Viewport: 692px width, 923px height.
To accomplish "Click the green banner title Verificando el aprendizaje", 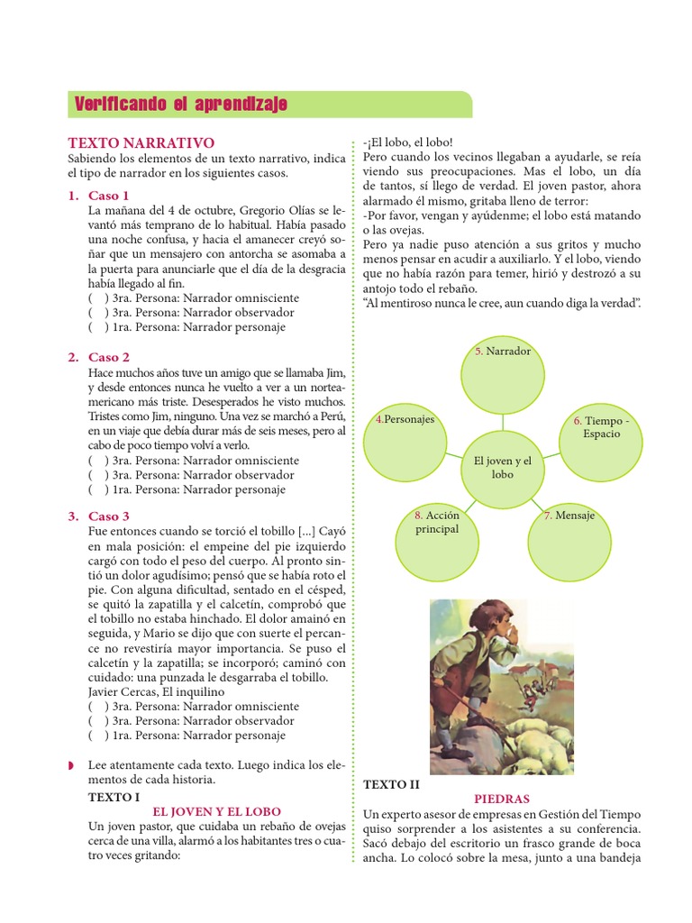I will (x=180, y=105).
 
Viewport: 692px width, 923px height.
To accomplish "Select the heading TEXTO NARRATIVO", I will (x=141, y=142).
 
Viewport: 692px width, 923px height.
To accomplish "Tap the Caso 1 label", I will (x=109, y=195).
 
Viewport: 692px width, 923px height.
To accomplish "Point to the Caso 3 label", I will (x=109, y=516).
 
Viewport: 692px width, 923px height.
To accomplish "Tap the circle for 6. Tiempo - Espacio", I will (x=601, y=437).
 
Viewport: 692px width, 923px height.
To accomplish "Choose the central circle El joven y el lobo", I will (x=503, y=467).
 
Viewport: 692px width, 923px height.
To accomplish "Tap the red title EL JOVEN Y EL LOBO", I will (x=217, y=811).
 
